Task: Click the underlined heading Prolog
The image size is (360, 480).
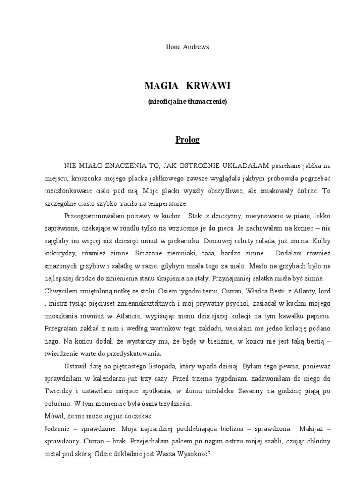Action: pyautogui.click(x=187, y=139)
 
